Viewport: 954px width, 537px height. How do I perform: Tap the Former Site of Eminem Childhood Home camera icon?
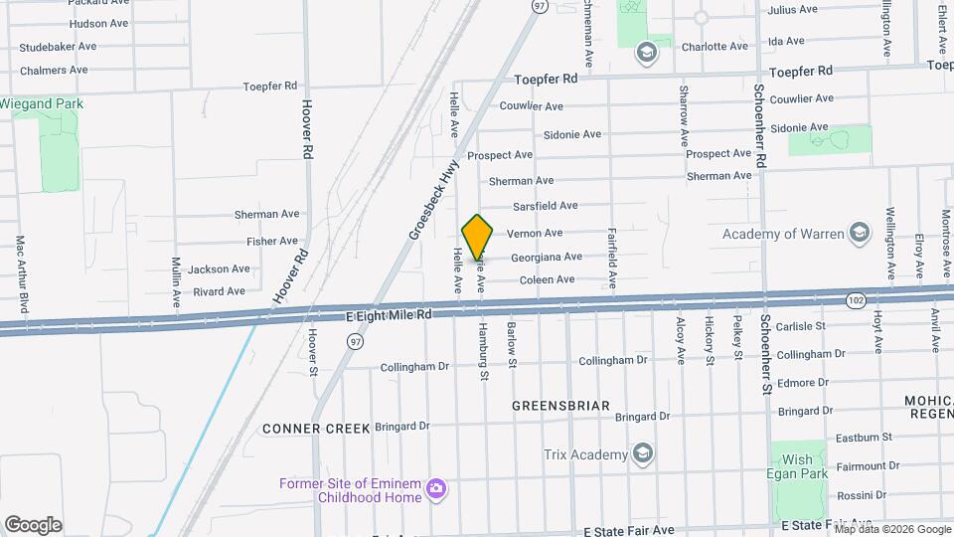[x=434, y=488]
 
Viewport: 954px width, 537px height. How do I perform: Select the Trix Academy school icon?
[x=643, y=454]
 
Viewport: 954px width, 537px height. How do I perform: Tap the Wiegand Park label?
[x=41, y=103]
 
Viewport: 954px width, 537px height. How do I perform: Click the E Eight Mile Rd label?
[x=389, y=314]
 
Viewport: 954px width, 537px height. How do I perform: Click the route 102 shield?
[x=855, y=299]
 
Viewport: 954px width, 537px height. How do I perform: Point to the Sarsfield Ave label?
[x=545, y=206]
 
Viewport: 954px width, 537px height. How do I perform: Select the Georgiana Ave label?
[x=546, y=257]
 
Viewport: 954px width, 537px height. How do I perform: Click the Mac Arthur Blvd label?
[x=19, y=268]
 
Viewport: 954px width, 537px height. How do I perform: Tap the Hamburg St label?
[x=484, y=351]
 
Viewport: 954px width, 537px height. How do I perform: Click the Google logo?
[x=33, y=524]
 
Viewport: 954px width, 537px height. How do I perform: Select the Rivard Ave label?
[x=219, y=291]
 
